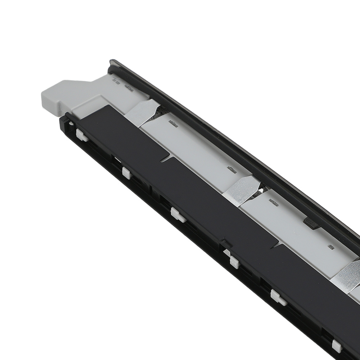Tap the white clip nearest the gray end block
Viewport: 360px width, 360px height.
[81, 135]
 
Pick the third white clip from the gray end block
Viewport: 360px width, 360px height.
[178, 214]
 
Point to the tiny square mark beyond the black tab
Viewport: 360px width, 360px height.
[330, 247]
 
